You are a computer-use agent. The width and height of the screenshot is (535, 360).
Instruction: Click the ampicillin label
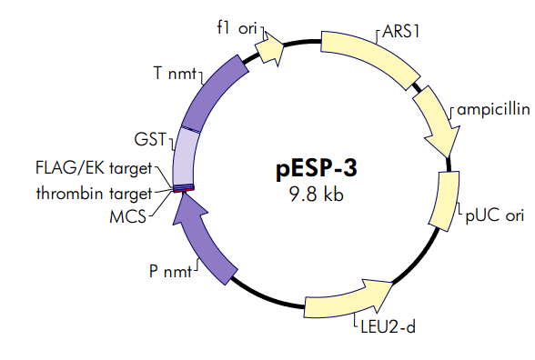493,109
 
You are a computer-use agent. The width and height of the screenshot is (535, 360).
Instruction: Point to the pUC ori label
495,215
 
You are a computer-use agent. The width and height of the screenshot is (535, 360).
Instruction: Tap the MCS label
128,217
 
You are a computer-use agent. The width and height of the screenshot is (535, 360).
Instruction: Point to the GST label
148,140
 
